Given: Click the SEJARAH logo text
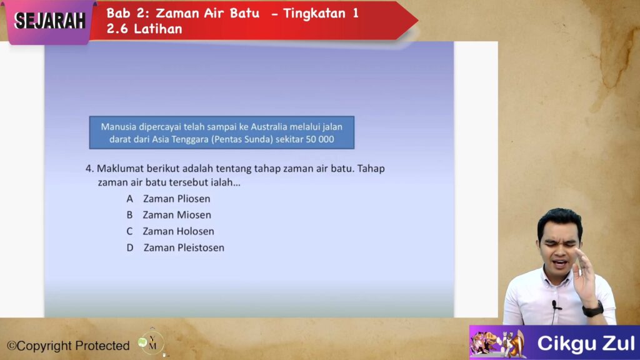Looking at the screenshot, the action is pyautogui.click(x=50, y=21).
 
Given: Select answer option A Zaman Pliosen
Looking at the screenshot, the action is pyautogui.click(x=169, y=199).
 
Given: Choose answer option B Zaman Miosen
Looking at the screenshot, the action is pyautogui.click(x=169, y=215).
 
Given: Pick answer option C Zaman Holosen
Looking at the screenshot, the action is pyautogui.click(x=170, y=231).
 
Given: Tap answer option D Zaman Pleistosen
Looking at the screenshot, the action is pyautogui.click(x=176, y=247).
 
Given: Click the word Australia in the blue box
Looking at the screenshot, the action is pyautogui.click(x=269, y=127).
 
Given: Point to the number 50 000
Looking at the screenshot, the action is pyautogui.click(x=320, y=139).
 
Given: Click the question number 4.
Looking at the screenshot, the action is pyautogui.click(x=89, y=169).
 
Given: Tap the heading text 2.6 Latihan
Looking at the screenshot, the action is pyautogui.click(x=144, y=29).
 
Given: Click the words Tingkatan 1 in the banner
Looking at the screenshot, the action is pyautogui.click(x=321, y=14).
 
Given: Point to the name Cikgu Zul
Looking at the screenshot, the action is pyautogui.click(x=586, y=343).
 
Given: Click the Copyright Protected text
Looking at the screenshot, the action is pyautogui.click(x=68, y=346).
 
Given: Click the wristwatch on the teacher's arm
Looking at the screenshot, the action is pyautogui.click(x=592, y=309).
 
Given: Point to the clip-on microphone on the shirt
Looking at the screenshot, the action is pyautogui.click(x=555, y=305).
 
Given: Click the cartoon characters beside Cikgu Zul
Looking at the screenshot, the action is pyautogui.click(x=497, y=343).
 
